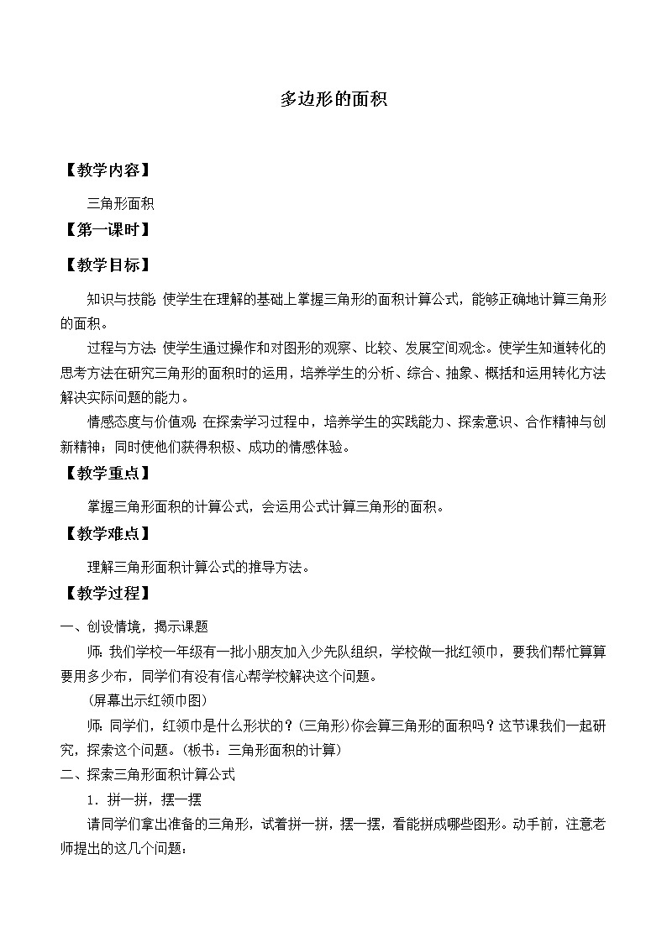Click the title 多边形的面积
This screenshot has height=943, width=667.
click(x=333, y=99)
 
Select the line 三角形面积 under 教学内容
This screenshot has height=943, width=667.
click(x=121, y=202)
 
